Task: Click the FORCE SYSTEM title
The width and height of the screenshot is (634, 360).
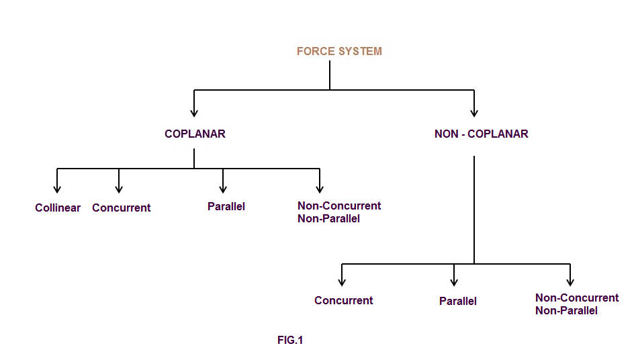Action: (x=339, y=51)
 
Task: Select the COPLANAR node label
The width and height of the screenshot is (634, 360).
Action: (x=195, y=134)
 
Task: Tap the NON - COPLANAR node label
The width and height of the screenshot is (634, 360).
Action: (x=481, y=134)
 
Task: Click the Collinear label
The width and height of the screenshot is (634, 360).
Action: (x=58, y=208)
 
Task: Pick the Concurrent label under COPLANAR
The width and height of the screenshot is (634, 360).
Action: (x=122, y=208)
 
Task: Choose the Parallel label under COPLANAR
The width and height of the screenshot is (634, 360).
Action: (x=226, y=206)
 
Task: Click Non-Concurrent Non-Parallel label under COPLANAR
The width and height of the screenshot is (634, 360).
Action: (x=339, y=212)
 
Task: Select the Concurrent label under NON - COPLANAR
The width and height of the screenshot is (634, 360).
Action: (x=344, y=300)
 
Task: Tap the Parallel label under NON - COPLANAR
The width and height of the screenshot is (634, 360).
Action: (x=458, y=301)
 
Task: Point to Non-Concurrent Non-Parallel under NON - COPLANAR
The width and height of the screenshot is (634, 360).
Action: (x=577, y=304)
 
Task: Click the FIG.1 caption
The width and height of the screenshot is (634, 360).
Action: (x=290, y=341)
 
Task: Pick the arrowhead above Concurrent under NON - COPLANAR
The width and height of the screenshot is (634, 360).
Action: (x=342, y=282)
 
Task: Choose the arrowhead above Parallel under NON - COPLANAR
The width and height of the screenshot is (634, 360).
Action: (x=455, y=282)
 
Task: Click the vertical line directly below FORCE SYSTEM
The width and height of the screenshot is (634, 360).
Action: (x=330, y=75)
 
